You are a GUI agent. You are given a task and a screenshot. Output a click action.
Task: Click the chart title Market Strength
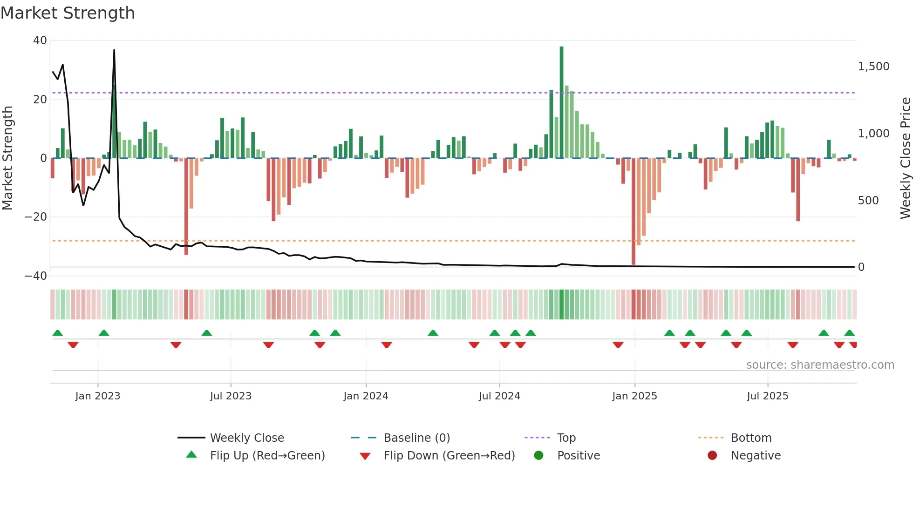68,13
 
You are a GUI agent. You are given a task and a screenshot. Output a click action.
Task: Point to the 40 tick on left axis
40,40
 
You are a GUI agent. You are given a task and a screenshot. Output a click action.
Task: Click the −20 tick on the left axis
36,217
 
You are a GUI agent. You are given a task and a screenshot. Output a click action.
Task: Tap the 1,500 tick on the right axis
873,67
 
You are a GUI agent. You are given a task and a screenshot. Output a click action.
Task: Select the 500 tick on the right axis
868,201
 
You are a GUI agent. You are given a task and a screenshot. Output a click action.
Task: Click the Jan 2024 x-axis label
366,396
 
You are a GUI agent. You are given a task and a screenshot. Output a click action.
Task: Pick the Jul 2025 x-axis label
767,396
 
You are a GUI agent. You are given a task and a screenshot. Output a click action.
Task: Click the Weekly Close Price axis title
905,158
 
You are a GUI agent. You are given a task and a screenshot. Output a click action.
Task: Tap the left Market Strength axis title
8,158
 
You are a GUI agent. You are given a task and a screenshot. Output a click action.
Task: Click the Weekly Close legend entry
246,438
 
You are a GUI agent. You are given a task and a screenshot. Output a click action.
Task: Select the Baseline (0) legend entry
416,438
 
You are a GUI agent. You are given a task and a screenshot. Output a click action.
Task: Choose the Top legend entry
566,438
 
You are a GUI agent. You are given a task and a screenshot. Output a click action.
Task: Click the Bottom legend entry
751,438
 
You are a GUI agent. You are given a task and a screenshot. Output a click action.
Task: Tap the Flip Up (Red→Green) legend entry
267,456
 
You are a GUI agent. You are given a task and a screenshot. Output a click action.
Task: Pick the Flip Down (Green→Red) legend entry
449,456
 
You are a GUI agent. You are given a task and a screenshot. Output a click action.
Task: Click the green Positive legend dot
538,456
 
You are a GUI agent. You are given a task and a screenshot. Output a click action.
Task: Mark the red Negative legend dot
712,456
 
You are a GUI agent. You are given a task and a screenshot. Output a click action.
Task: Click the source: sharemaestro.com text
820,365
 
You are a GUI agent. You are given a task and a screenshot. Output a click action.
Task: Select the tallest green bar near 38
561,102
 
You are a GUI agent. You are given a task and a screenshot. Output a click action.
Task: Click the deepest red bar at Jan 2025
634,212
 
